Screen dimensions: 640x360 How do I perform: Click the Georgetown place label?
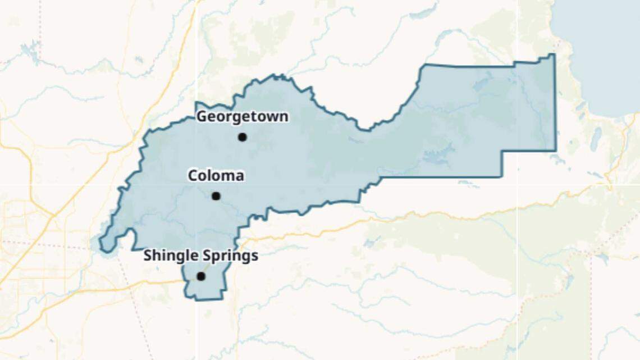point(242,117)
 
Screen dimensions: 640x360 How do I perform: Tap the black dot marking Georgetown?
point(242,137)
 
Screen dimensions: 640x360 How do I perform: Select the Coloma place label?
point(216,176)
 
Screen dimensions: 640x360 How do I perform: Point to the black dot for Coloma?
point(216,196)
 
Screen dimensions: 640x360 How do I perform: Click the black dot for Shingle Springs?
point(201,276)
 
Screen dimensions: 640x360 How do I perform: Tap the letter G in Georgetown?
point(201,117)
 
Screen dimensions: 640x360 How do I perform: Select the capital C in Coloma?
point(193,176)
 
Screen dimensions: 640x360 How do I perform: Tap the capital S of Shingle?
point(148,256)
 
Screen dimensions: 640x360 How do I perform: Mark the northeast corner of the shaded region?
point(554,54)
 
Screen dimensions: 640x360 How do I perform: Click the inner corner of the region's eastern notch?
point(502,151)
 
